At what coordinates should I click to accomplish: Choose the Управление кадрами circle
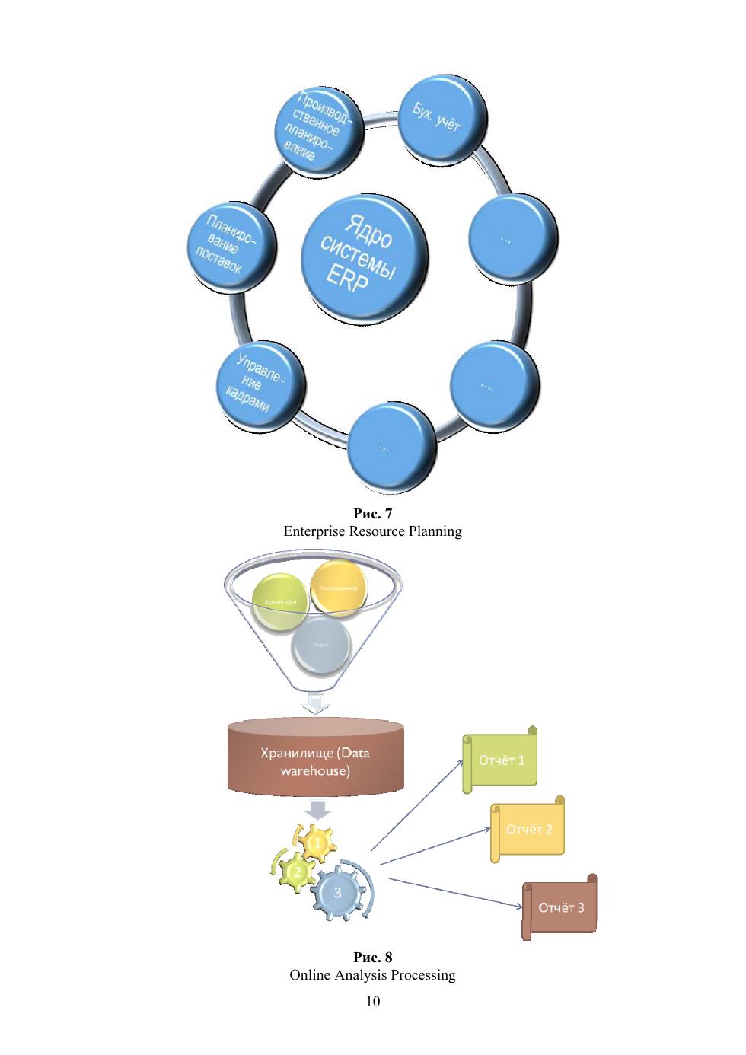258,385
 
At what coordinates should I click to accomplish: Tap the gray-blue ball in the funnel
320,646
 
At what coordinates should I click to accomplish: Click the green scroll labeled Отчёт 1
500,760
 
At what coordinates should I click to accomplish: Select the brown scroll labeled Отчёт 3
559,907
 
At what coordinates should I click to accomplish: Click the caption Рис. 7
372,514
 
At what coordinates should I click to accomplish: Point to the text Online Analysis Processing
372,975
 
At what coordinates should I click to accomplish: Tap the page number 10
372,1001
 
